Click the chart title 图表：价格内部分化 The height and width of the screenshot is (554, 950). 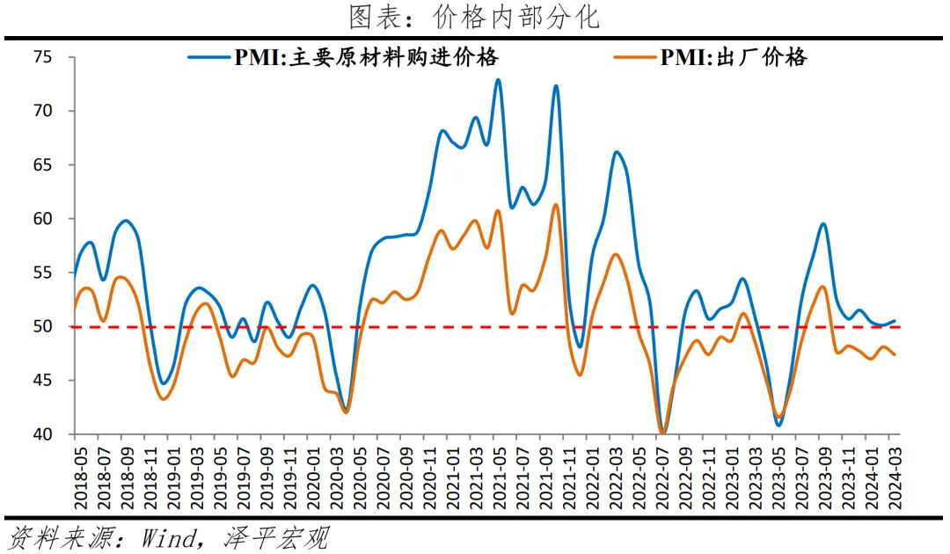click(474, 17)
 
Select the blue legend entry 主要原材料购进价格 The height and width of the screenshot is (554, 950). click(366, 58)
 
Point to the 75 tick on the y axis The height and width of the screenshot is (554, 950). click(43, 58)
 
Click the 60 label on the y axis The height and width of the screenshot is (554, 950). click(43, 219)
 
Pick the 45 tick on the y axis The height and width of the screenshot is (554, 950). click(43, 381)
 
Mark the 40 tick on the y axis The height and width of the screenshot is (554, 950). click(43, 434)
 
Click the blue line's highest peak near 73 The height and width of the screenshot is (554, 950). click(498, 80)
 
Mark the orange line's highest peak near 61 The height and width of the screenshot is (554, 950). click(556, 205)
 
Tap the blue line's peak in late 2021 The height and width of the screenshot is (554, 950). click(556, 86)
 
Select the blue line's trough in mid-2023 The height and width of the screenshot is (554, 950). click(778, 426)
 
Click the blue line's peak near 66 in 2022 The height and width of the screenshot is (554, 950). click(617, 152)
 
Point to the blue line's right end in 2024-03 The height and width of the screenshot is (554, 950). click(895, 321)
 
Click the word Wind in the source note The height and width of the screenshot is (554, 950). click(167, 537)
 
